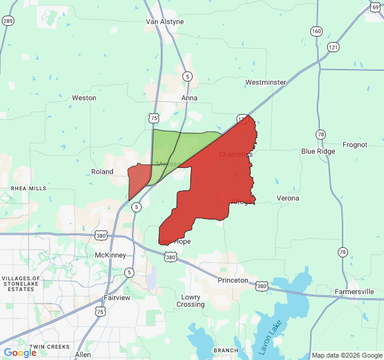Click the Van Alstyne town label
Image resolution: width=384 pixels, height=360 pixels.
click(164, 22)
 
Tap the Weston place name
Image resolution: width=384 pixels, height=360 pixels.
click(84, 98)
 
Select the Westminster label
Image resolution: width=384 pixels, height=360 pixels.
click(265, 82)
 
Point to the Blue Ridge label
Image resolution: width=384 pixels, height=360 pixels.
click(318, 151)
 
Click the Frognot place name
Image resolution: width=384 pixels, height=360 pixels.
click(355, 145)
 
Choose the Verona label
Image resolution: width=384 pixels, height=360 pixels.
click(287, 198)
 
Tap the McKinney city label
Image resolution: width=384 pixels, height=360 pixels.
click(110, 255)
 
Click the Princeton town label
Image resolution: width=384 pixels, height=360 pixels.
click(233, 280)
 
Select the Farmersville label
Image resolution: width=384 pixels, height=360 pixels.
click(355, 292)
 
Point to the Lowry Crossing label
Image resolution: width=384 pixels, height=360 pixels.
click(191, 301)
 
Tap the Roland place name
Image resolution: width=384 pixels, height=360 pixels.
click(102, 172)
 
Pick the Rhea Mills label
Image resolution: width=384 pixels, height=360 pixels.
click(28, 188)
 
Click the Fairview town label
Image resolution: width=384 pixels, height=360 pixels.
click(116, 298)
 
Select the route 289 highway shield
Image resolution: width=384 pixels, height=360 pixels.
click(8, 20)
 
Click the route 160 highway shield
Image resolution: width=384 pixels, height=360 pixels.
click(316, 31)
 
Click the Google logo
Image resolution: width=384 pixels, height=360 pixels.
click(20, 353)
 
